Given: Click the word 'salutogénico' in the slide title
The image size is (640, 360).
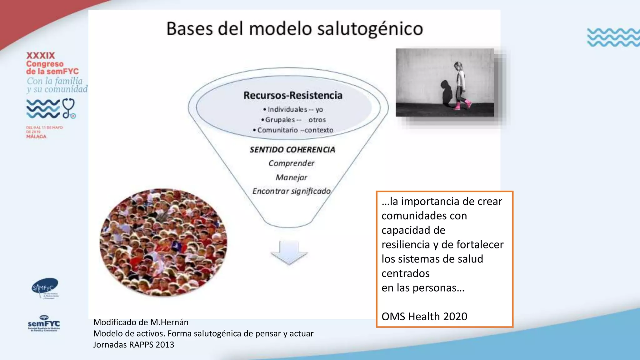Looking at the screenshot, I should click(370, 29).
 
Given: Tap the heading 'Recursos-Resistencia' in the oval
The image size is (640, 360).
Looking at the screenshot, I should click(293, 95).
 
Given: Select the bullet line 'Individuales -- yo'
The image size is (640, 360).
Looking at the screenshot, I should click(293, 109).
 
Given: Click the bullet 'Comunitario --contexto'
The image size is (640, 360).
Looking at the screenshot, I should click(293, 130).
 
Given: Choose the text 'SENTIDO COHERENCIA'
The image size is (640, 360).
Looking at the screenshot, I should click(292, 150).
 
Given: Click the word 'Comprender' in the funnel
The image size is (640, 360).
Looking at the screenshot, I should click(291, 163).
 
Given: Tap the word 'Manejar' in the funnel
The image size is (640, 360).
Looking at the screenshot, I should click(291, 177).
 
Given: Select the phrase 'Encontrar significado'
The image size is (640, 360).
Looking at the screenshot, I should click(291, 191).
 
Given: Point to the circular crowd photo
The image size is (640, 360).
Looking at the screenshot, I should click(163, 242).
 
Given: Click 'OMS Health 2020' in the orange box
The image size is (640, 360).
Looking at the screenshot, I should click(424, 317).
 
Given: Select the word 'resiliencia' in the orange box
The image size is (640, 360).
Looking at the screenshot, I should click(406, 245).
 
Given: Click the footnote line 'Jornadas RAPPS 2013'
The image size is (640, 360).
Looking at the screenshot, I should click(133, 345).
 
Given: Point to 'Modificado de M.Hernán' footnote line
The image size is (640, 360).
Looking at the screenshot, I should click(141, 322).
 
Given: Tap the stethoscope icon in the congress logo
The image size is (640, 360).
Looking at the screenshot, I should click(69, 108).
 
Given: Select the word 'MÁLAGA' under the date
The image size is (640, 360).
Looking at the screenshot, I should click(36, 137).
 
